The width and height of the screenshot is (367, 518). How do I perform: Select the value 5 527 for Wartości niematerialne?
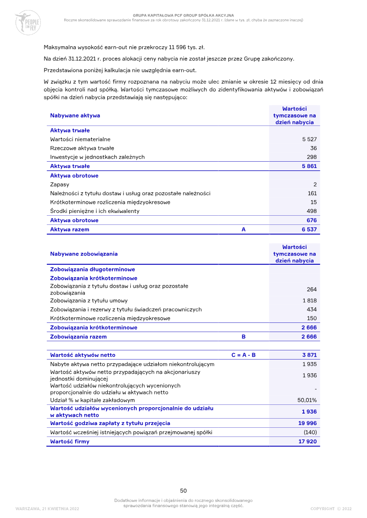309,139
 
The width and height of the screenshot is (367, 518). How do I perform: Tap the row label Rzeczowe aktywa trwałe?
82,148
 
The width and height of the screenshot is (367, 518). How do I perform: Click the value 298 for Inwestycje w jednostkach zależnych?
311,157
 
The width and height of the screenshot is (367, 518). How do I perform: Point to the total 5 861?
309,166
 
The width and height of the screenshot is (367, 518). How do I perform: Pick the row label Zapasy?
60,184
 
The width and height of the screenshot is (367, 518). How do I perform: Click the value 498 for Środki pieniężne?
311,211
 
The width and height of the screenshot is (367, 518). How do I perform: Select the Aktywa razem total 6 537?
309,229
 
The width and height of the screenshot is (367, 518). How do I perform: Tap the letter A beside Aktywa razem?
244,229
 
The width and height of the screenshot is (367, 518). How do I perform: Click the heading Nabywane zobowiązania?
83,254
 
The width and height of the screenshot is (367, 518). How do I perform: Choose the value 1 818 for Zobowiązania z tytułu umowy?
309,301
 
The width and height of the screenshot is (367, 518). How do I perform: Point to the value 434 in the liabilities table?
311,310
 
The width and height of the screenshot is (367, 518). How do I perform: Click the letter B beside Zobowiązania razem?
244,337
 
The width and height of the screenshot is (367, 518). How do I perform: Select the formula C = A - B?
244,355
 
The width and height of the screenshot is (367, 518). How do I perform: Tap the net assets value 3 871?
309,355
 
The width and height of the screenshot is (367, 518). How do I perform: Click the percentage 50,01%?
307,400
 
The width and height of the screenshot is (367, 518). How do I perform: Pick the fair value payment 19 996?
307,423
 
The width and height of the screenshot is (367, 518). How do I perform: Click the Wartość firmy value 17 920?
307,442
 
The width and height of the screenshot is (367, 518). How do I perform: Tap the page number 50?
183,491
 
